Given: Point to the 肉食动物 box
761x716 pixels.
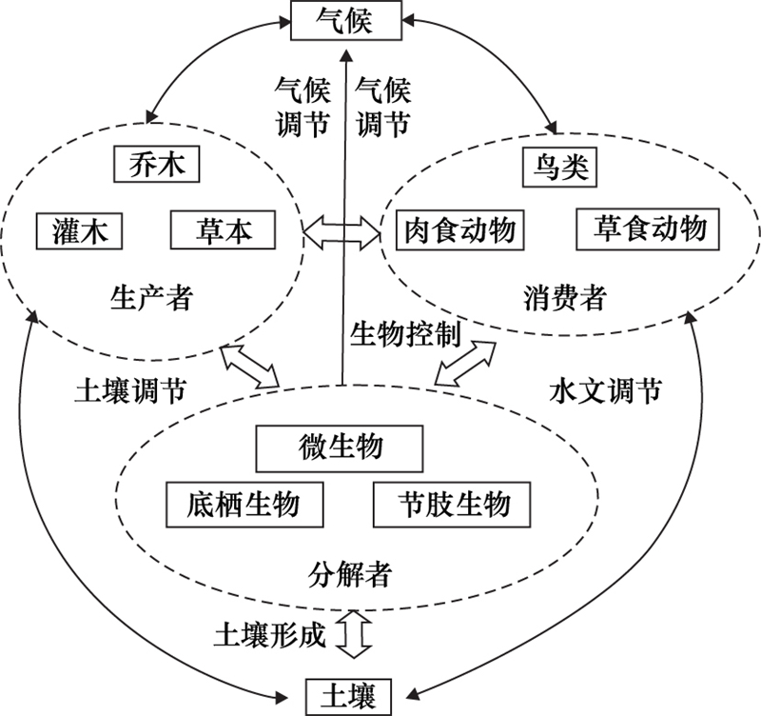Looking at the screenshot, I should tap(460, 229).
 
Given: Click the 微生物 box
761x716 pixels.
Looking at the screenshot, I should tap(337, 447).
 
